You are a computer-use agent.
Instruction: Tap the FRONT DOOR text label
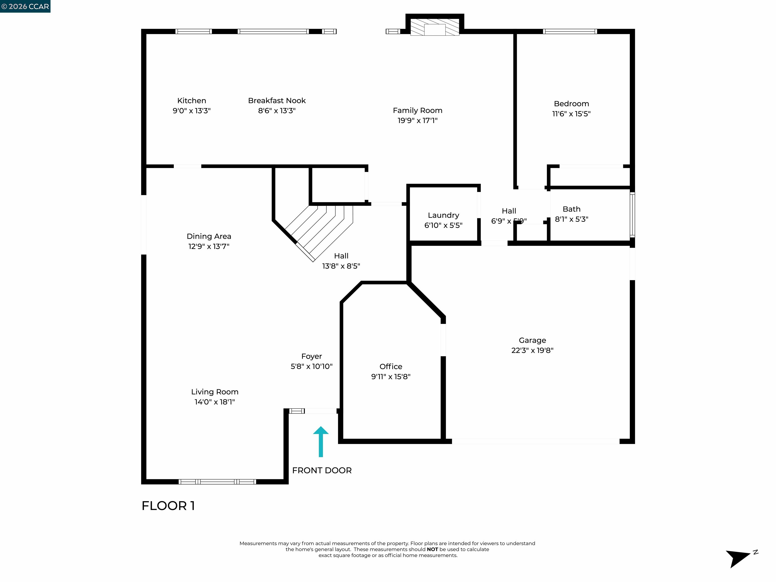tap(322, 470)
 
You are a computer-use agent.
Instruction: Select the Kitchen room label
tap(191, 101)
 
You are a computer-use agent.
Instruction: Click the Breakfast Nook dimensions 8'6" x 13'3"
tap(277, 111)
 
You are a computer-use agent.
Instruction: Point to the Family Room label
tap(418, 110)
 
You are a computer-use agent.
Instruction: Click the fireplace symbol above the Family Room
tap(435, 27)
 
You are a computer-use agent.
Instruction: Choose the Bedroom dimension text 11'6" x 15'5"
tap(571, 114)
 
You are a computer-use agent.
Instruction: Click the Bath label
tap(571, 209)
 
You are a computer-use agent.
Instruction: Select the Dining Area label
tap(209, 236)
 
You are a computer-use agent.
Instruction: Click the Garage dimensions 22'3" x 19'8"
tap(532, 350)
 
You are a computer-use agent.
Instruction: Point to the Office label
tap(391, 367)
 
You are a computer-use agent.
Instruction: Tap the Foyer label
tap(311, 356)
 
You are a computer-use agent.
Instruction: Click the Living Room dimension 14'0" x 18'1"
tap(215, 402)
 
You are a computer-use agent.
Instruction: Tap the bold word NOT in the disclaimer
tap(432, 549)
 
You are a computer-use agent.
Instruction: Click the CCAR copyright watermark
tap(25, 6)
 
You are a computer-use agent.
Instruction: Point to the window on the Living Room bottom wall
tap(217, 482)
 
